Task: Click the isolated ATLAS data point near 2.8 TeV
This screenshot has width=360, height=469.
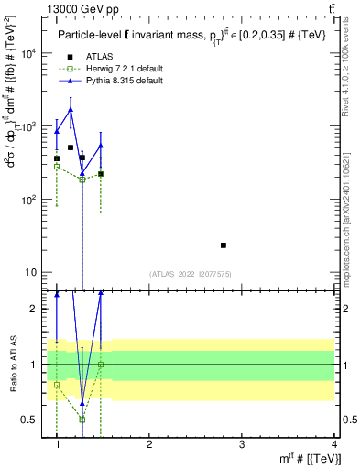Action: [249, 245]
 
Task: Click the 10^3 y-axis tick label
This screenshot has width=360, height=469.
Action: [29, 126]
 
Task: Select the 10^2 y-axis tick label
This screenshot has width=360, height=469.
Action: [29, 200]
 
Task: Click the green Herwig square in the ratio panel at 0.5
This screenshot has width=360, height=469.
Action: [82, 420]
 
